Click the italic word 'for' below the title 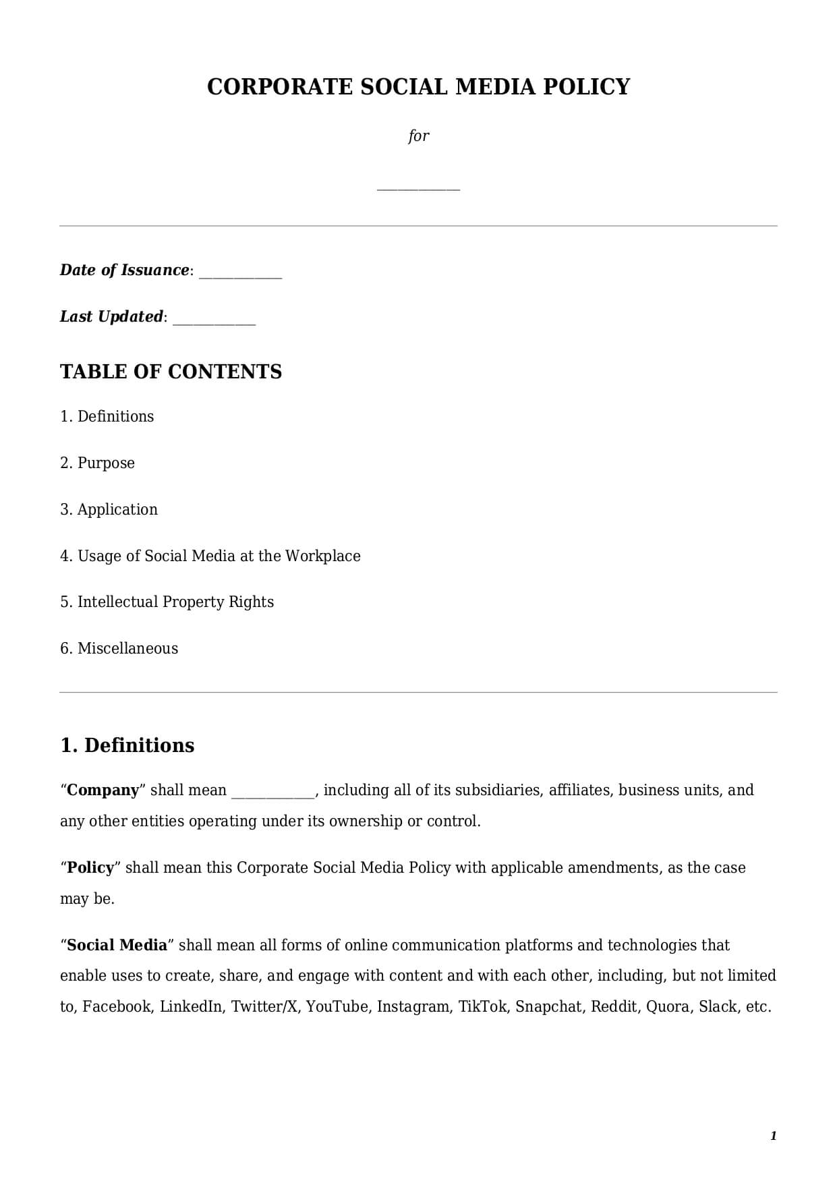point(418,136)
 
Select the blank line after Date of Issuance point(240,274)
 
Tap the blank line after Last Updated point(214,320)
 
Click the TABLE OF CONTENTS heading point(171,372)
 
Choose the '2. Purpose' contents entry point(97,463)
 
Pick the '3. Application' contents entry point(109,509)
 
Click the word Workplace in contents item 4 point(322,556)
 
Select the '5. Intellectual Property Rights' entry point(167,602)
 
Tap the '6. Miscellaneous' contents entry point(119,648)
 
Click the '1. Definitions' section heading point(127,745)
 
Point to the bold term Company point(103,790)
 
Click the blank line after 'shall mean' point(272,794)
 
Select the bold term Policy point(90,867)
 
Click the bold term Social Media point(117,945)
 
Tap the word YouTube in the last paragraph point(337,1007)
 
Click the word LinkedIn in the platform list point(191,1007)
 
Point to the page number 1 point(773,1136)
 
